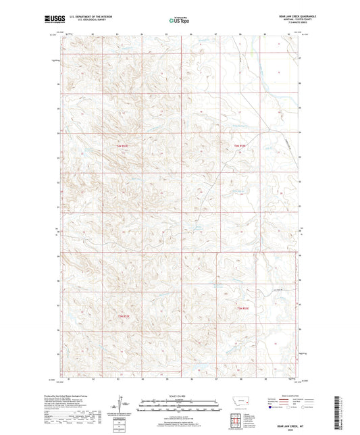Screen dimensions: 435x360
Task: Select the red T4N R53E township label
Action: click(x=240, y=145)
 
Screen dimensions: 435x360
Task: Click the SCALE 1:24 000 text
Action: click(x=180, y=396)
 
